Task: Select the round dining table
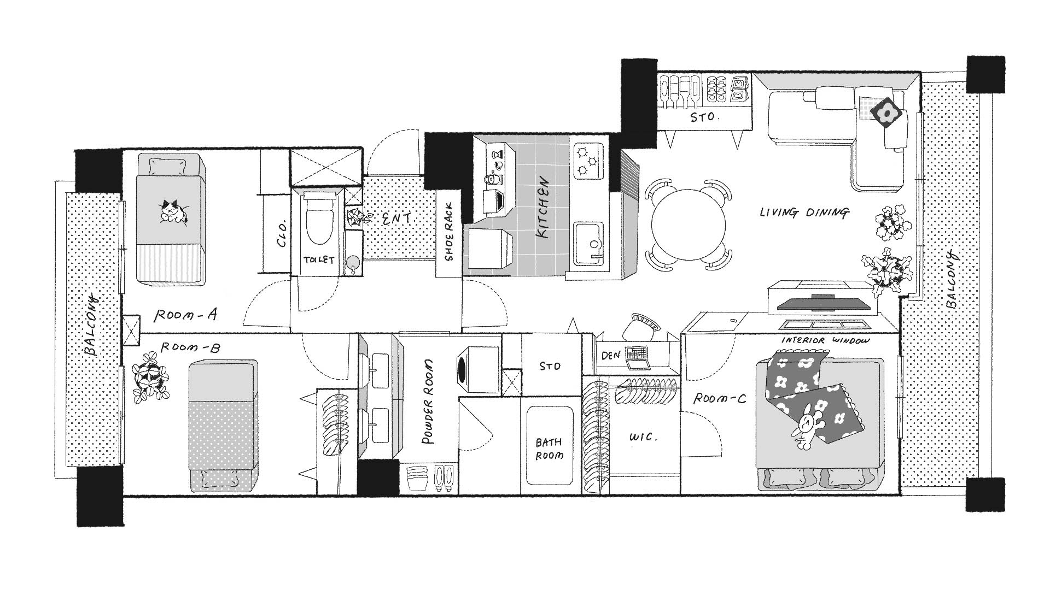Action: pyautogui.click(x=689, y=224)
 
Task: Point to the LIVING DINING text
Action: pyautogui.click(x=804, y=213)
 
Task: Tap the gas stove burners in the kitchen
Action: pyautogui.click(x=589, y=160)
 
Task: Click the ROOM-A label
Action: pyautogui.click(x=186, y=315)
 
